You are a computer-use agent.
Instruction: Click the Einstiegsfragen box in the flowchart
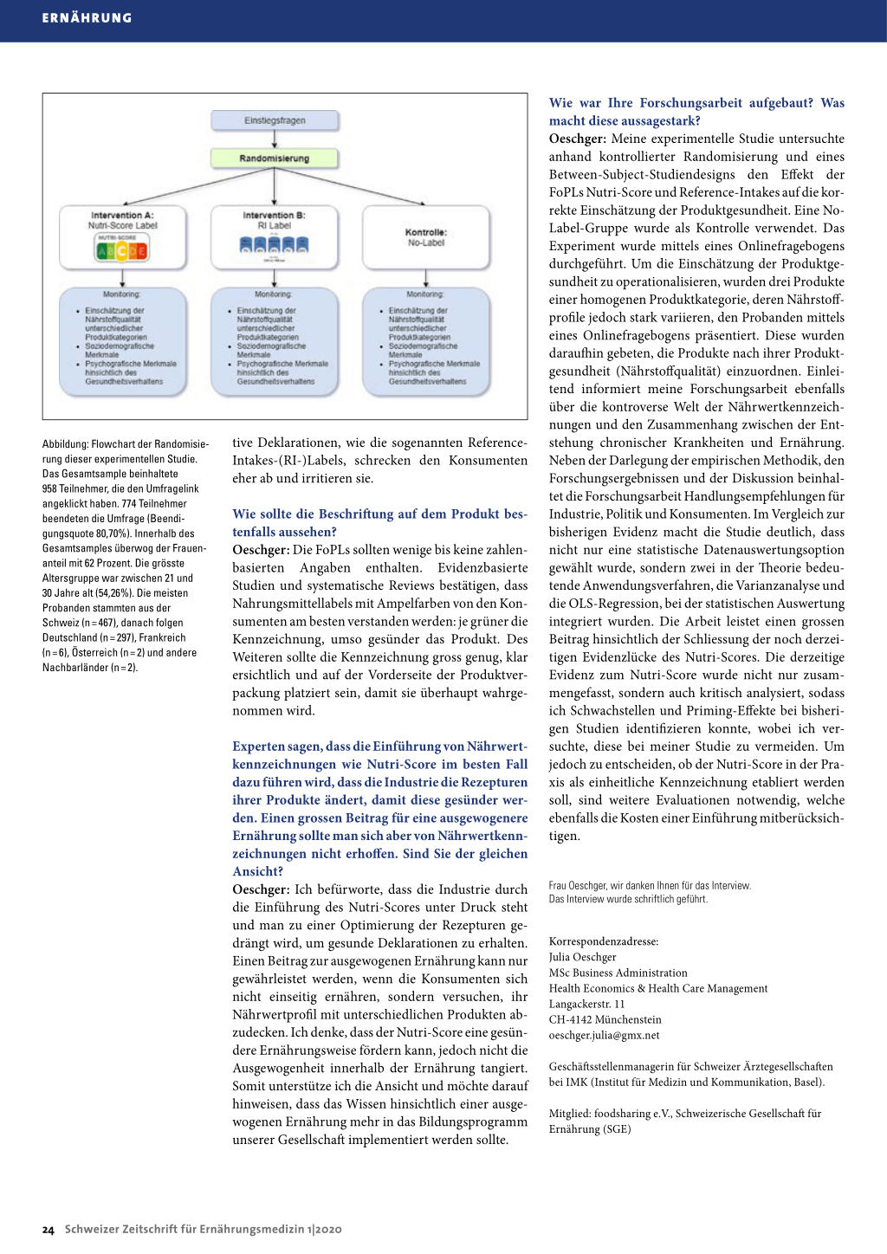pyautogui.click(x=275, y=120)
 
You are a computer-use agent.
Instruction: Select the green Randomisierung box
pyautogui.click(x=275, y=158)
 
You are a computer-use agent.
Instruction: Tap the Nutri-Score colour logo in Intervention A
pyautogui.click(x=121, y=249)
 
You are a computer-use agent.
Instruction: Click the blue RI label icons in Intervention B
pyautogui.click(x=274, y=245)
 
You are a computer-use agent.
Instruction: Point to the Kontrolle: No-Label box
pyautogui.click(x=426, y=237)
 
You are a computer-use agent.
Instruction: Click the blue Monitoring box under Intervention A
pyautogui.click(x=122, y=342)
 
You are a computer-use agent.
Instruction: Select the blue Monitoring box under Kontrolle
pyautogui.click(x=426, y=342)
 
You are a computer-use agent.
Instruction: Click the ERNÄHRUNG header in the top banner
pyautogui.click(x=87, y=18)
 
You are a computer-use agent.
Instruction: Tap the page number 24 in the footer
pyautogui.click(x=49, y=1230)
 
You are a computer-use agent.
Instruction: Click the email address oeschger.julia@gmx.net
pyautogui.click(x=604, y=1035)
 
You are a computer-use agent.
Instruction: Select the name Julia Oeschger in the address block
pyautogui.click(x=582, y=957)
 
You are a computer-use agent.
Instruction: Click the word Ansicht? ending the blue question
pyautogui.click(x=257, y=871)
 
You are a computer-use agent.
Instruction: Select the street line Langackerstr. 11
pyautogui.click(x=586, y=1004)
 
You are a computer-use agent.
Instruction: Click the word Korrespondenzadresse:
pyautogui.click(x=603, y=941)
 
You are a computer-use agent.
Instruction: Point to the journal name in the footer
pyautogui.click(x=203, y=1229)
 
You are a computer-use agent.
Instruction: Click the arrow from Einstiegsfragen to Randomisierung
pyautogui.click(x=275, y=139)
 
